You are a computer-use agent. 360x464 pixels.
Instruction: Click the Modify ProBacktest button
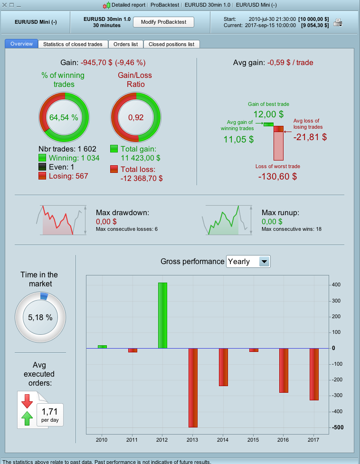[x=164, y=22]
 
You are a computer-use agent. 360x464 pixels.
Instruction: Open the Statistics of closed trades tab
[x=73, y=44]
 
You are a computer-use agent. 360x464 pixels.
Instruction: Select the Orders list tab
[x=126, y=44]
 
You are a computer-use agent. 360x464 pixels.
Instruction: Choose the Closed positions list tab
[x=171, y=44]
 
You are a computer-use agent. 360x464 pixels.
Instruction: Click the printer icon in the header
[x=338, y=22]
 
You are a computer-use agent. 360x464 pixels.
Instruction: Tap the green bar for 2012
[x=162, y=315]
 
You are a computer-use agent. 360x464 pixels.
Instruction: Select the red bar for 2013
[x=193, y=388]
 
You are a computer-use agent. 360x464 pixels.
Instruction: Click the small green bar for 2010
[x=102, y=347]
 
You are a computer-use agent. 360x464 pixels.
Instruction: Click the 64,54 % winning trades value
[x=64, y=117]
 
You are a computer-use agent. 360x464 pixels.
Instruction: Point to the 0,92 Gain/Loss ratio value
[x=136, y=117]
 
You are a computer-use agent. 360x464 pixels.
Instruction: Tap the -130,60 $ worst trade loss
[x=277, y=176]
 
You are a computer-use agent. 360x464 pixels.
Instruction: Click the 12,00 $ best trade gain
[x=268, y=114]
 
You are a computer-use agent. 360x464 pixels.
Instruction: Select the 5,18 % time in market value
[x=40, y=318]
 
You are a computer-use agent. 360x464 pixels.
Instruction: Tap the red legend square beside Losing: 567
[x=42, y=176]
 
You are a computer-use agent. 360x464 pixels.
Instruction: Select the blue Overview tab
[x=21, y=44]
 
